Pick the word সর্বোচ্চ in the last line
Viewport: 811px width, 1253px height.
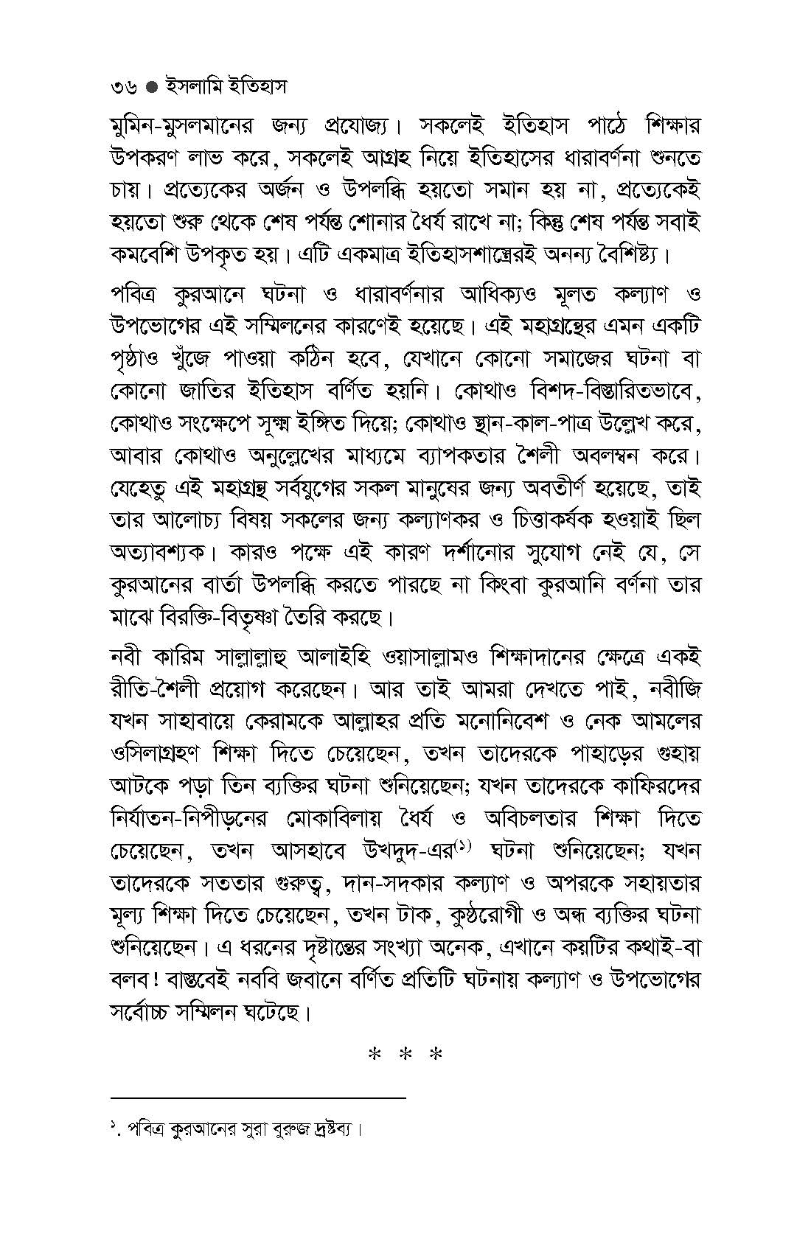[145, 1012]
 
